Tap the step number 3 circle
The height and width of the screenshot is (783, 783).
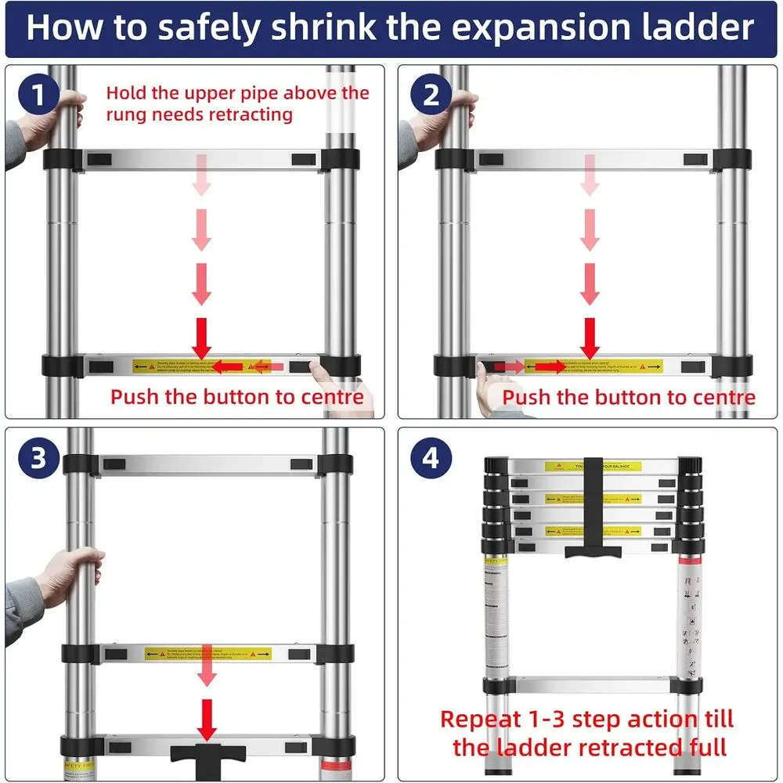[38, 458]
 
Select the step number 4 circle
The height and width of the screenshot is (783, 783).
[431, 458]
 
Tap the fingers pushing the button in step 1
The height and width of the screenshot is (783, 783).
[317, 368]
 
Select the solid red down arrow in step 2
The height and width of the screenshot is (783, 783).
[590, 337]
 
